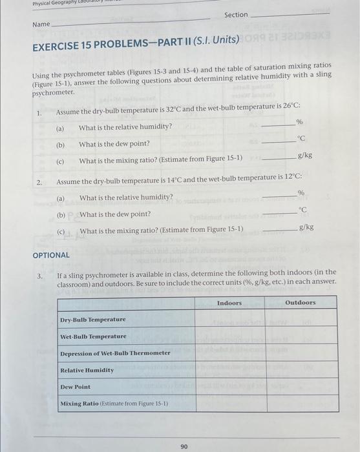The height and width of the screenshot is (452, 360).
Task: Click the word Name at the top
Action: (41, 24)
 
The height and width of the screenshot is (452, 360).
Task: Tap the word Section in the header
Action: (236, 14)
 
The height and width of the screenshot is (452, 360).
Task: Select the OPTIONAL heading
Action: (51, 255)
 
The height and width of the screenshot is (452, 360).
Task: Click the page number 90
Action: (184, 446)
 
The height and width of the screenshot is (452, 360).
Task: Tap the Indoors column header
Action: (229, 302)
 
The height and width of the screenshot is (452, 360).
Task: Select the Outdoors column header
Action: (301, 302)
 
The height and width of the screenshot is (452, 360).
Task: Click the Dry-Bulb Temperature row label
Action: (92, 320)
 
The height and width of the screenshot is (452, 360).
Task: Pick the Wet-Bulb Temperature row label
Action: (93, 336)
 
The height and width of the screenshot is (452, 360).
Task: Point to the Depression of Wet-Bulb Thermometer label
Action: (106, 353)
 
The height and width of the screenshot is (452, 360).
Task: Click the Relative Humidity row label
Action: (87, 370)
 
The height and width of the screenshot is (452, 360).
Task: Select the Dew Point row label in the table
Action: (75, 387)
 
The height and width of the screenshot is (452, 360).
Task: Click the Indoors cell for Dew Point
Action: (230, 387)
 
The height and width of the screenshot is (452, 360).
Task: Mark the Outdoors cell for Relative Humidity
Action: (301, 370)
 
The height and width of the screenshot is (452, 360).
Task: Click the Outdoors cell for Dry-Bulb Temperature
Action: (301, 319)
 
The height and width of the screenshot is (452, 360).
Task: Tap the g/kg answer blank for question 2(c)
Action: (279, 229)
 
